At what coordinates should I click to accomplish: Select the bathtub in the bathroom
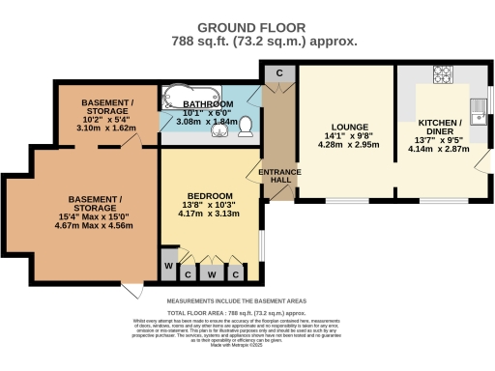[179, 100]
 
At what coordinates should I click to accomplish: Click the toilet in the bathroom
[247, 126]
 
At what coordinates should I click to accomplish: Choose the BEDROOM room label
[209, 193]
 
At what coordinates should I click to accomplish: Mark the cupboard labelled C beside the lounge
[278, 72]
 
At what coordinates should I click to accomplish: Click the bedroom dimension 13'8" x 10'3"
[209, 205]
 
